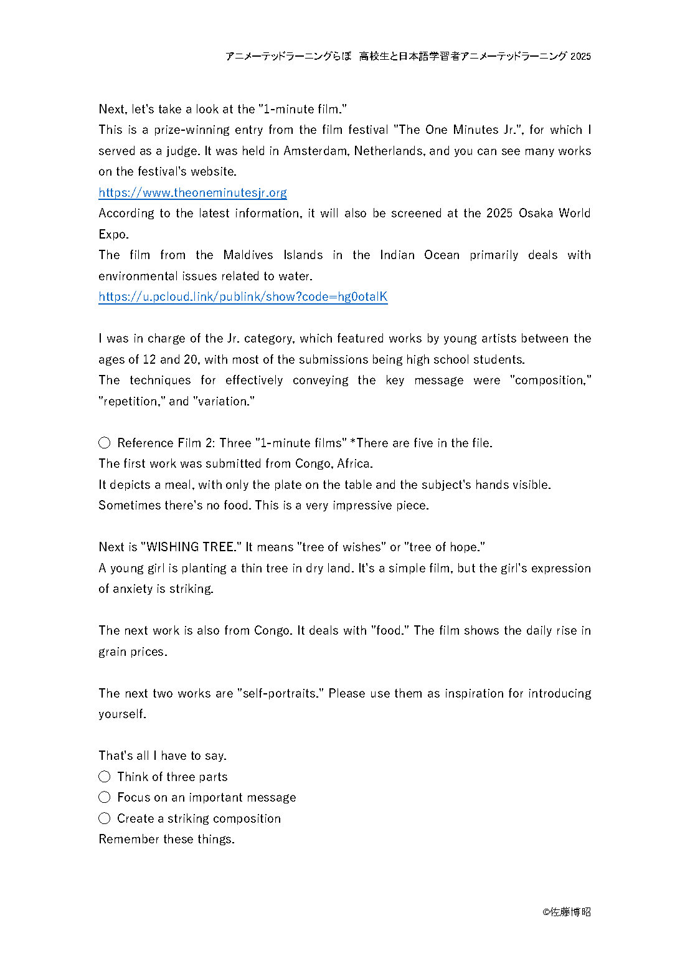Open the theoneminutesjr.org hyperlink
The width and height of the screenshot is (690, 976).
click(x=192, y=192)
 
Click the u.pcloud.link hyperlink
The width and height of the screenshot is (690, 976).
click(x=243, y=296)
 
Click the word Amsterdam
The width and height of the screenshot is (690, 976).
click(x=316, y=151)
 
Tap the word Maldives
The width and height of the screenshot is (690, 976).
click(x=248, y=255)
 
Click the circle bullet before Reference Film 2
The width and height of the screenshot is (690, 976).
click(x=105, y=443)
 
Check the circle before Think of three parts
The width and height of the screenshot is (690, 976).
click(x=105, y=777)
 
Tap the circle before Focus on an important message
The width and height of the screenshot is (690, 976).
click(x=105, y=797)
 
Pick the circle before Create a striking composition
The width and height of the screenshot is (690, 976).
click(x=105, y=818)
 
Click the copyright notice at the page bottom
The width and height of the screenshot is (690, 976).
click(x=566, y=912)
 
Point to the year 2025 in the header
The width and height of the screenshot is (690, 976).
click(x=580, y=56)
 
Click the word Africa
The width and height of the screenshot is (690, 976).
click(x=354, y=463)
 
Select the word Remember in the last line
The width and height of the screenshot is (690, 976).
click(x=129, y=839)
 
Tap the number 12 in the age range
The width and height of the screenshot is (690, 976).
click(x=149, y=359)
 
